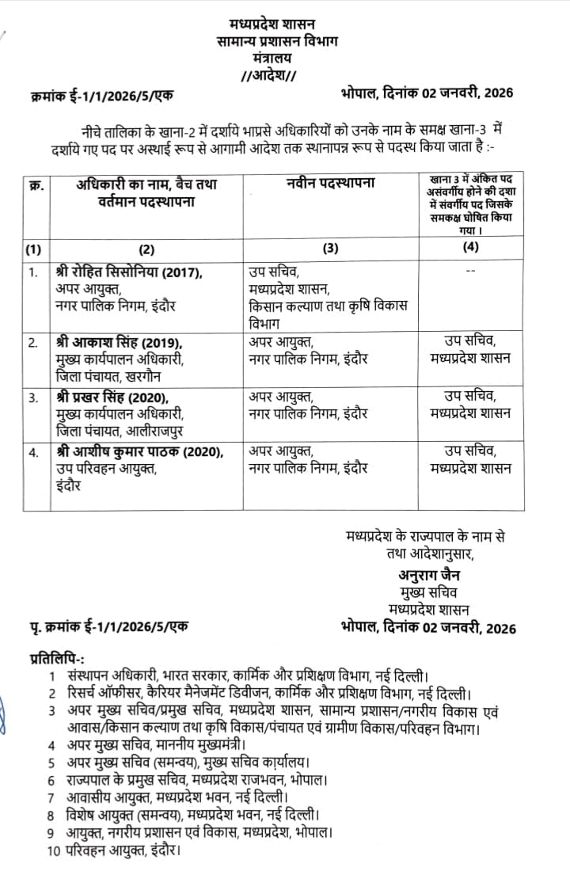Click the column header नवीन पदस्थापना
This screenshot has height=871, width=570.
point(331,184)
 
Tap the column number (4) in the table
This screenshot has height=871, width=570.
point(471,249)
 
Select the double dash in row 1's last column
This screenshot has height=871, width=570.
point(471,271)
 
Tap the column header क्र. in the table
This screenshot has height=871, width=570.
point(35,186)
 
